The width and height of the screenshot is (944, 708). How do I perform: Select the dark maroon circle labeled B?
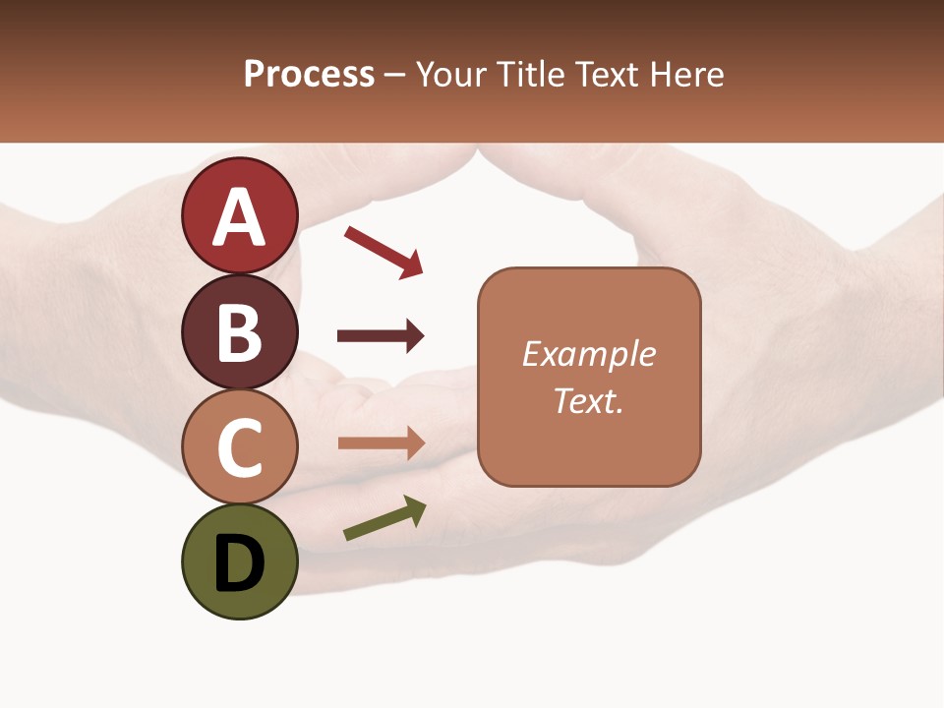(x=240, y=331)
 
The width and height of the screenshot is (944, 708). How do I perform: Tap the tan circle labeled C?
(x=240, y=446)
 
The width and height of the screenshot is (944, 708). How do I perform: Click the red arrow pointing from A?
(x=383, y=252)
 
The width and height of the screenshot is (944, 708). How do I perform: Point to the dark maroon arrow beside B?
(x=381, y=336)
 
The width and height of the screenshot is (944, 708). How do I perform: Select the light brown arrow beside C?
(x=381, y=443)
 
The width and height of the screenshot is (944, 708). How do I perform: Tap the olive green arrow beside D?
(x=384, y=519)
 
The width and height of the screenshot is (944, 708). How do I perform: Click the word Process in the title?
(x=309, y=74)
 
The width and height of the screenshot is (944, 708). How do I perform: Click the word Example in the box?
(x=588, y=354)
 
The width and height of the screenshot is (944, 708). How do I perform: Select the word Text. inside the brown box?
(x=588, y=401)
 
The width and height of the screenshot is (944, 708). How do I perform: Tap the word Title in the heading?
(x=532, y=74)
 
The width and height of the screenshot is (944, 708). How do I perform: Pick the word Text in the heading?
(x=607, y=74)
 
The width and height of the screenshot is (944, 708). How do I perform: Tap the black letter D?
(x=240, y=564)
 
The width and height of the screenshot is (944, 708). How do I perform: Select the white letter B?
(x=240, y=331)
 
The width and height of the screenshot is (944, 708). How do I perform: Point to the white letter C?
(x=240, y=446)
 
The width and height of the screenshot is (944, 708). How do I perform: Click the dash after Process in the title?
(x=395, y=75)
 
